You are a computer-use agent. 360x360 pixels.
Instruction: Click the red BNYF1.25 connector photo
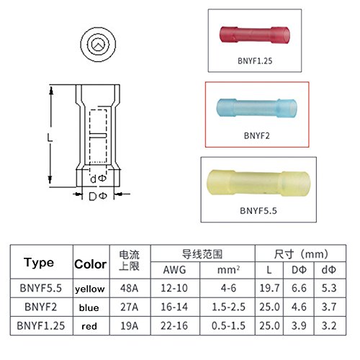(x=255, y=35)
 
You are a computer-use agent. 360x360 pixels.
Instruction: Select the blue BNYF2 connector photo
(x=256, y=108)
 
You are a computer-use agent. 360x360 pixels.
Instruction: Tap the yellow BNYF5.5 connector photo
(x=258, y=183)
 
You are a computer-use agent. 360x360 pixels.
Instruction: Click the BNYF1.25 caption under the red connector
(x=255, y=61)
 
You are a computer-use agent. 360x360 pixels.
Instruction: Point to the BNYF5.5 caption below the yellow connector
(x=258, y=211)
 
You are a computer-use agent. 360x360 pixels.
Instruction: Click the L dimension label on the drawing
(x=50, y=138)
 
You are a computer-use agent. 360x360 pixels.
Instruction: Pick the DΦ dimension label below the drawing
(x=98, y=197)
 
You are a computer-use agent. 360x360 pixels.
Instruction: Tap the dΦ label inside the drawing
(x=98, y=179)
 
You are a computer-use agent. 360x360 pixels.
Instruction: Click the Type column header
(x=39, y=263)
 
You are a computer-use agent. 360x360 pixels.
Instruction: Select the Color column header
(x=90, y=264)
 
